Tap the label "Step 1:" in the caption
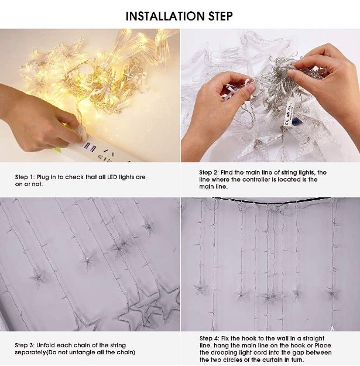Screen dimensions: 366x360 tap(25, 177)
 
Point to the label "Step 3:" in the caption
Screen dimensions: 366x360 tap(25, 346)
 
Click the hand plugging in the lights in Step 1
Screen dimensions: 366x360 tap(41, 120)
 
